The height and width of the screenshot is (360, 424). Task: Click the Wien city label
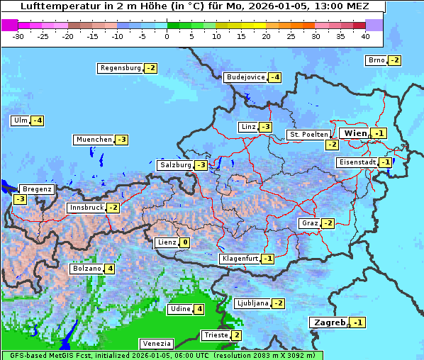pyautogui.click(x=355, y=133)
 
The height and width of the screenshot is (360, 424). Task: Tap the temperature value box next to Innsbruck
pyautogui.click(x=113, y=208)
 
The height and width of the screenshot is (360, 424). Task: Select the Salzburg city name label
pyautogui.click(x=175, y=165)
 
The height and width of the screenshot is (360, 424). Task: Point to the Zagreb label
pyautogui.click(x=329, y=322)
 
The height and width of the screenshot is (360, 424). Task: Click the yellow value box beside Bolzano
pyautogui.click(x=109, y=269)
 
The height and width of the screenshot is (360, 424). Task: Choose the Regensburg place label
pyautogui.click(x=121, y=68)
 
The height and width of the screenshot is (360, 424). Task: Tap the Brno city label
pyautogui.click(x=376, y=60)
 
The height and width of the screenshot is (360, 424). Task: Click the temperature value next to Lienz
pyautogui.click(x=184, y=242)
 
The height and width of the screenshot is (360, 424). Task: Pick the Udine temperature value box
pyautogui.click(x=199, y=309)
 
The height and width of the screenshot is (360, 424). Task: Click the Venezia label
pyautogui.click(x=156, y=344)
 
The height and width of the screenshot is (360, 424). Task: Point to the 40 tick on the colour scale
pyautogui.click(x=365, y=36)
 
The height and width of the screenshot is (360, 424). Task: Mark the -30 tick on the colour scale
pyautogui.click(x=18, y=36)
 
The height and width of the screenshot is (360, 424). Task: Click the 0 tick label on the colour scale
pyautogui.click(x=167, y=36)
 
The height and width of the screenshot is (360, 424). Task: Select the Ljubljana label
pyautogui.click(x=252, y=303)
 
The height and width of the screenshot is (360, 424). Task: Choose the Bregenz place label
pyautogui.click(x=37, y=189)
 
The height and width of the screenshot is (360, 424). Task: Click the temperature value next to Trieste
pyautogui.click(x=237, y=335)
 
